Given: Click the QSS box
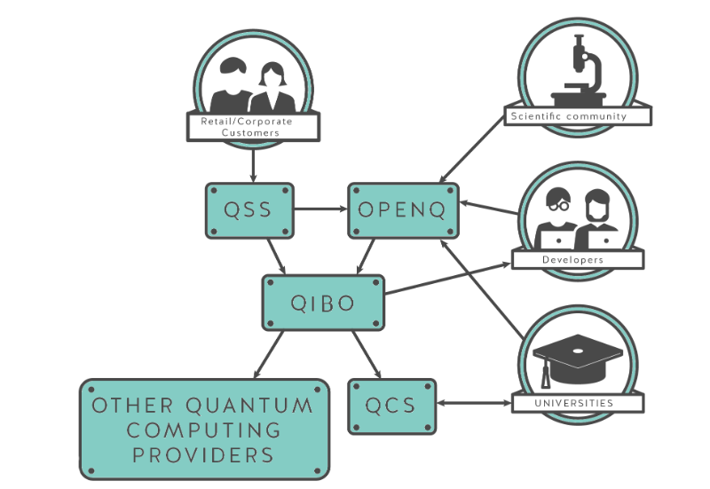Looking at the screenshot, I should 248,210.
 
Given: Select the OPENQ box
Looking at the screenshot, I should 403,210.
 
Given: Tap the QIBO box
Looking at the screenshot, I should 323,303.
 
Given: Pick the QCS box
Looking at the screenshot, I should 391,406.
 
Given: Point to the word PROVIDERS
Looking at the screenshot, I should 203,455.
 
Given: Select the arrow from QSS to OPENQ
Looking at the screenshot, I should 319,210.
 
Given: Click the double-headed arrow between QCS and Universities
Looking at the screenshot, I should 475,405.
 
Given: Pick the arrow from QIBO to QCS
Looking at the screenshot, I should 365,353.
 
